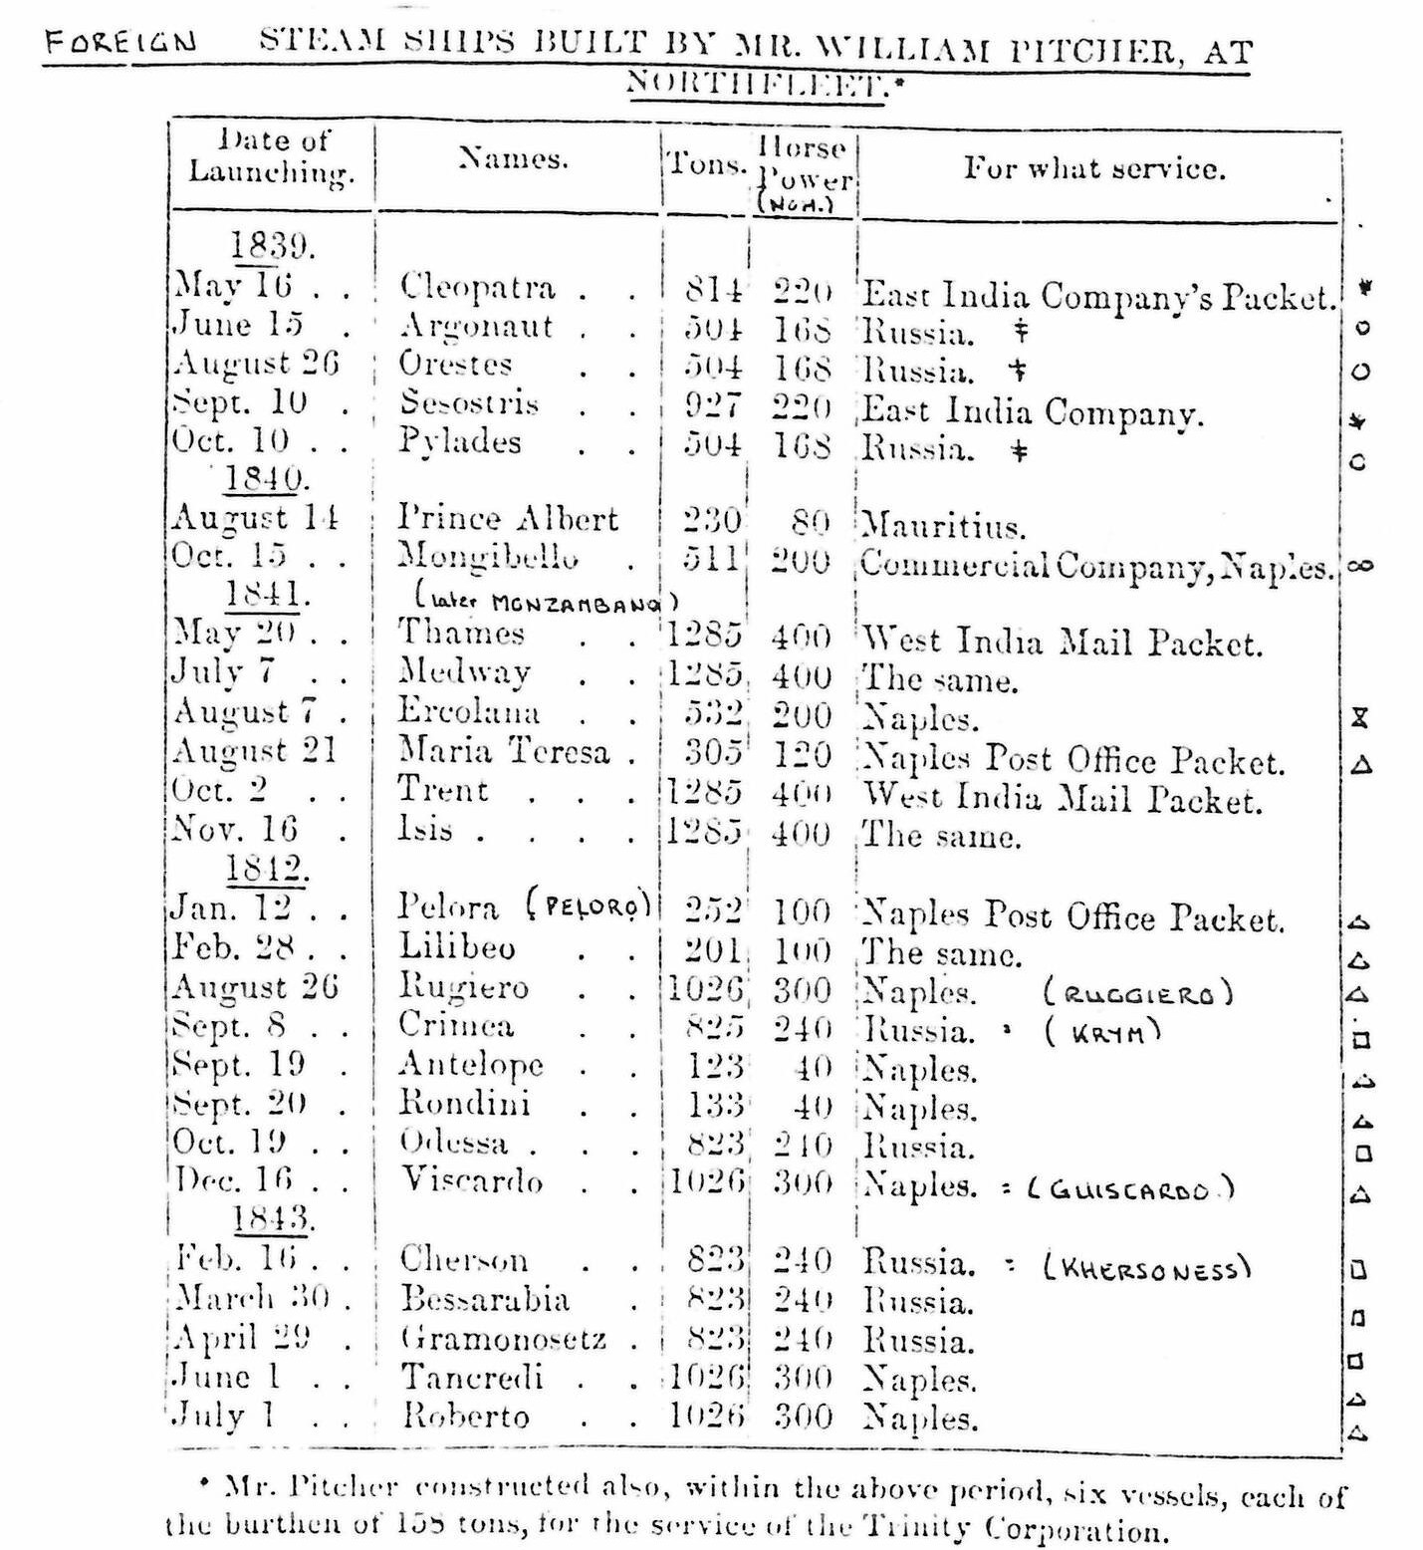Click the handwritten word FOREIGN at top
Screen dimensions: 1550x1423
click(x=119, y=43)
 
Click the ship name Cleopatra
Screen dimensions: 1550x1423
click(x=477, y=287)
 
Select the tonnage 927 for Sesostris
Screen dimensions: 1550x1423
click(x=712, y=404)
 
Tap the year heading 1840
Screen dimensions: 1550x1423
click(x=263, y=479)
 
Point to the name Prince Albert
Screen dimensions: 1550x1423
click(x=508, y=518)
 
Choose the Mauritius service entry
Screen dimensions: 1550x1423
click(x=943, y=525)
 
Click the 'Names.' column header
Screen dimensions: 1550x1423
click(x=514, y=158)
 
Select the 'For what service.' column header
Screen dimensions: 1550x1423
click(x=1093, y=167)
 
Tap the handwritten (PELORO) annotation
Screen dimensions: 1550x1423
click(x=590, y=904)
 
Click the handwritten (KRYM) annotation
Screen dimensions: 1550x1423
click(x=1102, y=1031)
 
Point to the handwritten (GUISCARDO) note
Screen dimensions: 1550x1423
click(x=1129, y=1189)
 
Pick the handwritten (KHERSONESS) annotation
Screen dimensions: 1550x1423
click(x=1145, y=1268)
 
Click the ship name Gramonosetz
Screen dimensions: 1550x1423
click(x=503, y=1339)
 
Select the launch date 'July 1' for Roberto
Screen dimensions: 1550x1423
click(x=223, y=1416)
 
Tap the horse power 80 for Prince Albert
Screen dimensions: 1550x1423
click(x=810, y=521)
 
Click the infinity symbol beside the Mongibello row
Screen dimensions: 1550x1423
click(x=1360, y=566)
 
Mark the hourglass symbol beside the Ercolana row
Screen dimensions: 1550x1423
click(x=1360, y=717)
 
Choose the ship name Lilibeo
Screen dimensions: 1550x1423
click(x=457, y=946)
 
